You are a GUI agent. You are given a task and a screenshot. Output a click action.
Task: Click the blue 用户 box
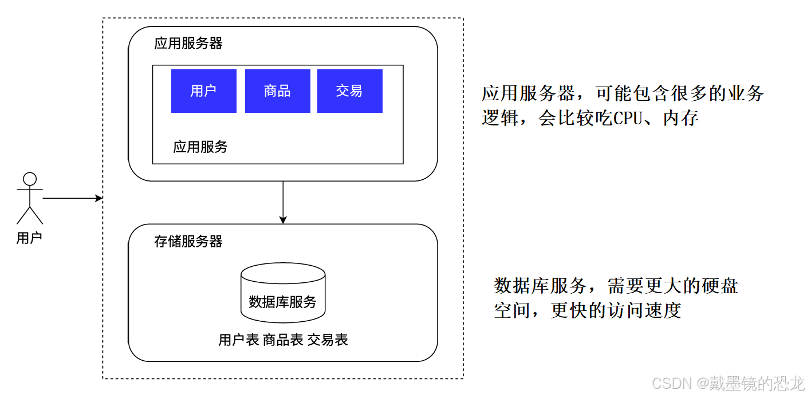[203, 91]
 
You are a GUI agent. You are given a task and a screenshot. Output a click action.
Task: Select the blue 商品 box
[277, 91]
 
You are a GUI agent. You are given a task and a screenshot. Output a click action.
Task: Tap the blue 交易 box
[349, 91]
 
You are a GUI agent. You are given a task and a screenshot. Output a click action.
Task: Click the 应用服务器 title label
[188, 44]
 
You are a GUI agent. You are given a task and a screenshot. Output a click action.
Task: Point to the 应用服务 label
[200, 147]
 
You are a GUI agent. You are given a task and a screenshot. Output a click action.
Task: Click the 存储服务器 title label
[188, 242]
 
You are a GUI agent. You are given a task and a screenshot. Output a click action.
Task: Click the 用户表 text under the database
[239, 340]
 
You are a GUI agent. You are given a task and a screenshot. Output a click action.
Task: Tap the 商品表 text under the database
[283, 340]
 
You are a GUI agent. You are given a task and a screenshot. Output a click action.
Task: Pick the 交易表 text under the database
[328, 340]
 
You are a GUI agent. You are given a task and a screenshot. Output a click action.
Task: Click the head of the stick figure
[30, 179]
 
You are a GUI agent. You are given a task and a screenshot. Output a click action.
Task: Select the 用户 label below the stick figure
[29, 238]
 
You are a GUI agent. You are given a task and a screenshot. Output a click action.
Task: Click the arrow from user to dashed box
[72, 199]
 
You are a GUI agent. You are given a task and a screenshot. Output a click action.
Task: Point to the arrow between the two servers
[283, 202]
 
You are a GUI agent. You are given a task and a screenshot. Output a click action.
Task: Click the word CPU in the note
[631, 119]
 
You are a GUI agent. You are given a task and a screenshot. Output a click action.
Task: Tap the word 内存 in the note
[681, 119]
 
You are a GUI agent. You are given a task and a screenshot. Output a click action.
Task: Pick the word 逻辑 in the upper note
[499, 119]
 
